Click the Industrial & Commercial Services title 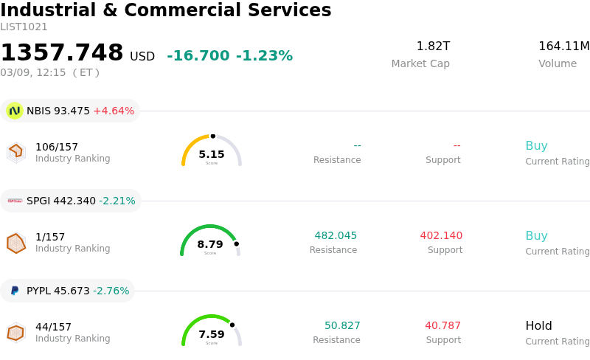[166, 10]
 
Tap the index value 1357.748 [62, 53]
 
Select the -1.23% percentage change [264, 56]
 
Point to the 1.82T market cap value [433, 46]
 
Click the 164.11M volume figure [563, 46]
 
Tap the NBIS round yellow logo [14, 111]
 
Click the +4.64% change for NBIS [114, 111]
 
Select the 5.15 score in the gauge [212, 154]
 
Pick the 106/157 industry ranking [57, 147]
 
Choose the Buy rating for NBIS [536, 146]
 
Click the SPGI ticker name [38, 201]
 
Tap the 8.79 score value [210, 244]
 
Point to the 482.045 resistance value [336, 236]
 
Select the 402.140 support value [441, 236]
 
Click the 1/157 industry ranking [50, 237]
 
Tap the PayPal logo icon [15, 291]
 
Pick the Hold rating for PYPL [538, 326]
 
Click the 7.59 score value [212, 334]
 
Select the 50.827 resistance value [342, 326]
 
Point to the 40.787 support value [442, 326]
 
